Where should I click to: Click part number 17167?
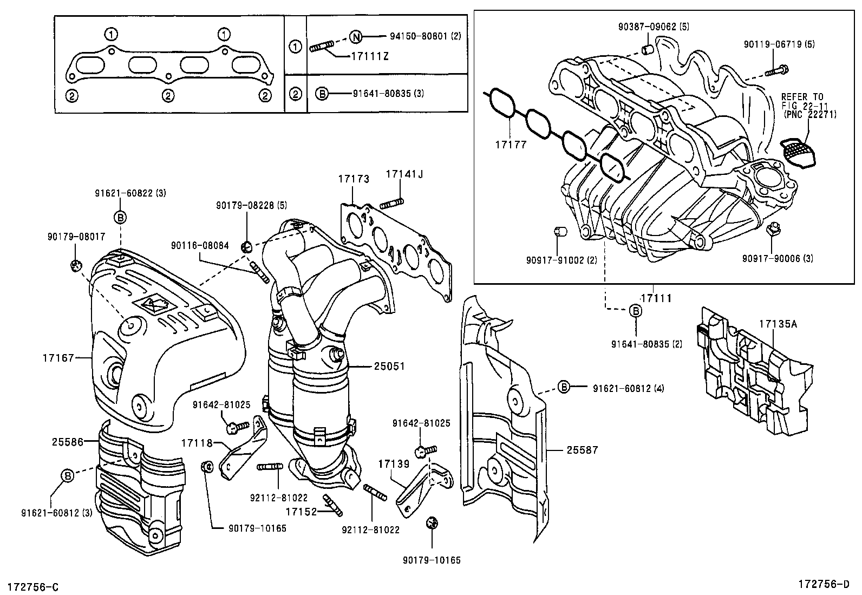pos(58,357)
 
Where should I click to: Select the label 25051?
pos(389,367)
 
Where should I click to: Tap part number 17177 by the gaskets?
pos(510,145)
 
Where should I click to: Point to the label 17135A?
pos(778,324)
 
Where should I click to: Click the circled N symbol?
pos(355,37)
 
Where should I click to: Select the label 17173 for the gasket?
pos(354,178)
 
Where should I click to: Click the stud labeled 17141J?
pos(393,204)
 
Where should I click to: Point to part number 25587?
pos(582,449)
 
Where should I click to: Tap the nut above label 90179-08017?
pos(76,265)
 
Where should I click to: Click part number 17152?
pos(302,510)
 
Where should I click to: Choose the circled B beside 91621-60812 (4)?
pos(564,388)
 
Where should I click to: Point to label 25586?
pos(67,442)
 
